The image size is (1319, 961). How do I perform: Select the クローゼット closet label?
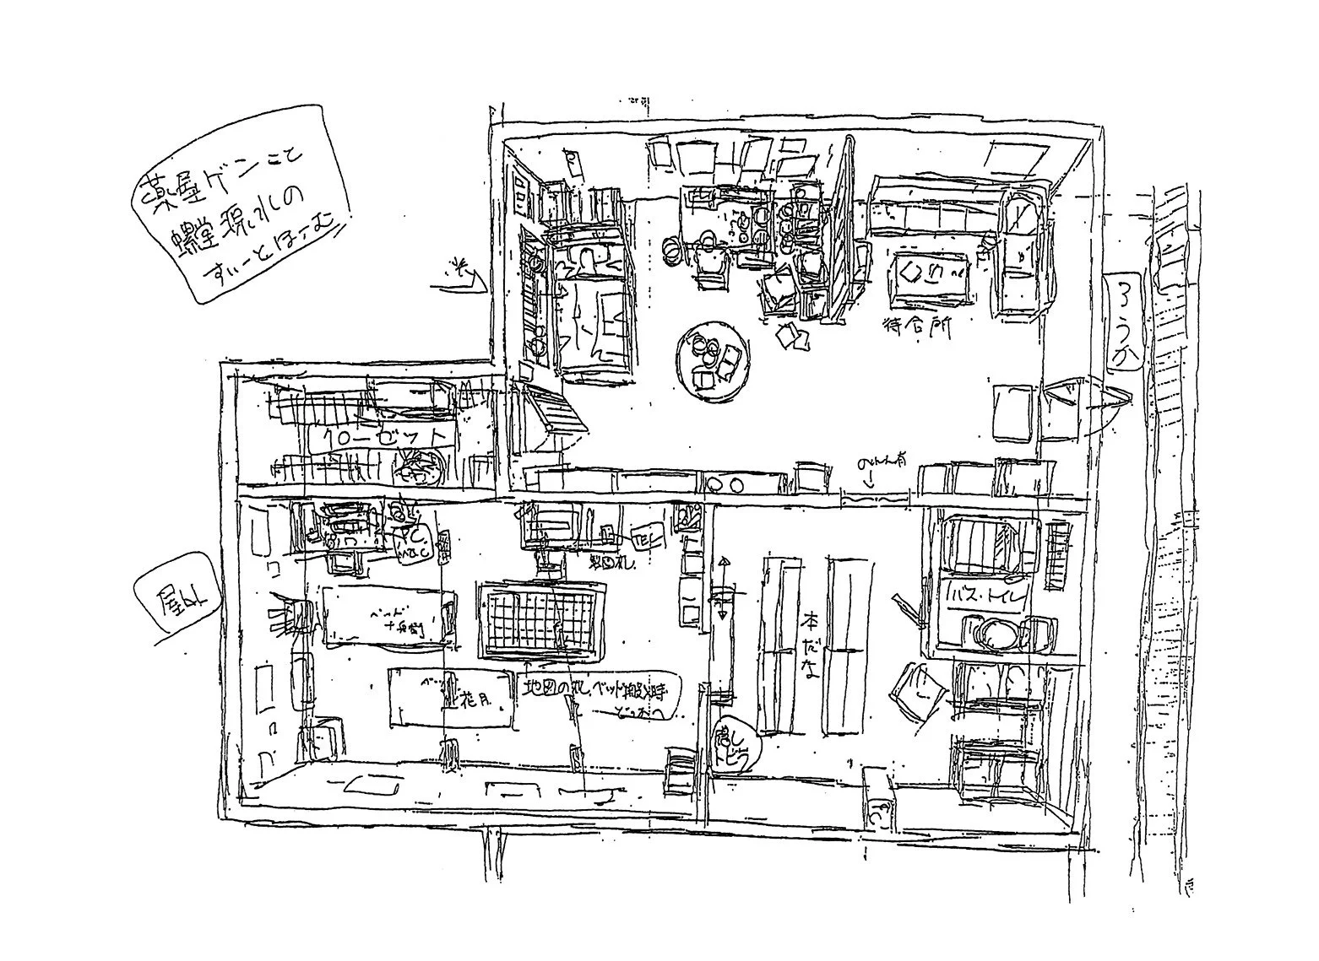pyautogui.click(x=378, y=436)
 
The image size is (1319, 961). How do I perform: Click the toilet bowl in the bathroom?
pyautogui.click(x=996, y=633)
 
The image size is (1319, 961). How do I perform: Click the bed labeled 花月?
pyautogui.click(x=451, y=697)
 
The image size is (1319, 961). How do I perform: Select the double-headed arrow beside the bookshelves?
pyautogui.click(x=722, y=588)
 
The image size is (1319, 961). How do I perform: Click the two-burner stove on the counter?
pyautogui.click(x=725, y=483)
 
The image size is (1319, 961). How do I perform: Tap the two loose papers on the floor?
pyautogui.click(x=792, y=336)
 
